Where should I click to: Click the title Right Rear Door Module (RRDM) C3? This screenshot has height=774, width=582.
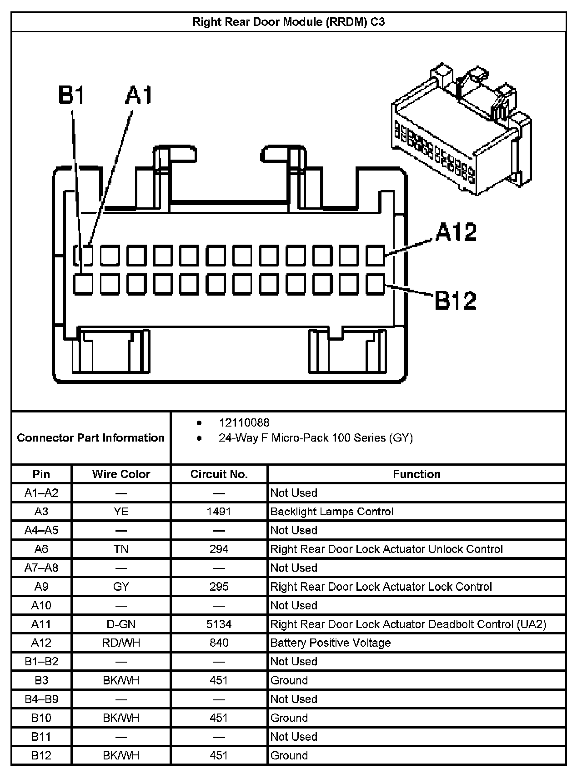tap(288, 22)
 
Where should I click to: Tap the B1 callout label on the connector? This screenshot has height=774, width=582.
tap(71, 95)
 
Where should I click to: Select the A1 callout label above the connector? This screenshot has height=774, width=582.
tap(139, 95)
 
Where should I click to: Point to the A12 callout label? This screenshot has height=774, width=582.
tap(456, 231)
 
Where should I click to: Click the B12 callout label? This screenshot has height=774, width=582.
tap(456, 300)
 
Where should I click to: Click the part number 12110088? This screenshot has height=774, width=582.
tap(244, 422)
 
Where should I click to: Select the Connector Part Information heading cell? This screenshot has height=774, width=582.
tap(90, 437)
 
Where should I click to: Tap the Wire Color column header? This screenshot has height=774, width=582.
tap(121, 474)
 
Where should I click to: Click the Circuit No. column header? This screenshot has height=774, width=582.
tap(219, 474)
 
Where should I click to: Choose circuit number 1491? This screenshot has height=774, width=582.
tap(219, 511)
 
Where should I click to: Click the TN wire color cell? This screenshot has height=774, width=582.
tap(121, 549)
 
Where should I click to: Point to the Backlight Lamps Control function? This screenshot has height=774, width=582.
tap(331, 511)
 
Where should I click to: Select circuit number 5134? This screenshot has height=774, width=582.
tap(219, 624)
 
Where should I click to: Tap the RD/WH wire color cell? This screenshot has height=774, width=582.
tap(121, 643)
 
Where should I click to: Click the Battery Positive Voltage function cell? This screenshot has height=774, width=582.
tap(331, 643)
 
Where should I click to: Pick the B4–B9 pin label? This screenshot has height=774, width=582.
tap(41, 699)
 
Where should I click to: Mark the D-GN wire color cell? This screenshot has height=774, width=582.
tap(121, 624)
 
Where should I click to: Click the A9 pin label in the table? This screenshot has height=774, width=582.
tap(41, 587)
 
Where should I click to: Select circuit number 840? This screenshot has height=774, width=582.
tap(219, 643)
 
